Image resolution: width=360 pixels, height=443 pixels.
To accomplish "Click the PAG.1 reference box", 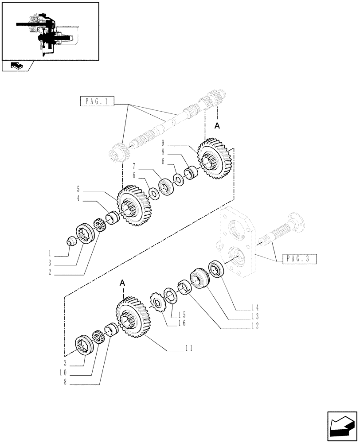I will click(x=97, y=101).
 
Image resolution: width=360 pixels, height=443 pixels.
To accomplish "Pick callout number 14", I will click(x=254, y=307).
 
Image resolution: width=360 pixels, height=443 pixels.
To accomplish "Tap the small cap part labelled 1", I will click(x=70, y=241).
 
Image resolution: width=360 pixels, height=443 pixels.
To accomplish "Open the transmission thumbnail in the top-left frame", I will click(x=50, y=31).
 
